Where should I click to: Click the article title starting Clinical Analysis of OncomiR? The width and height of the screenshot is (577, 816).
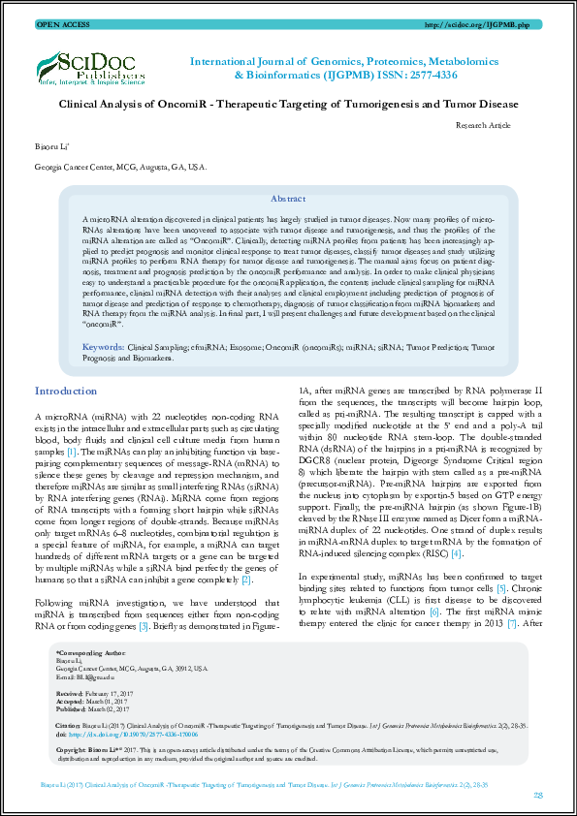(x=288, y=104)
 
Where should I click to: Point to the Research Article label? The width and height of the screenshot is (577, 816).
(x=482, y=125)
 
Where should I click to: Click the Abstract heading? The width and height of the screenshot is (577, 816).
(x=288, y=198)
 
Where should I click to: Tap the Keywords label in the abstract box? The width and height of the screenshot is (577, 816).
(x=102, y=346)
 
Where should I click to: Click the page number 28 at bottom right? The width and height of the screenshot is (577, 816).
(x=537, y=794)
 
